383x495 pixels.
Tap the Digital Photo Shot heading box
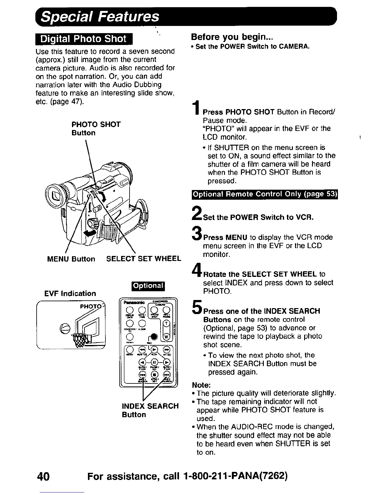click(x=84, y=39)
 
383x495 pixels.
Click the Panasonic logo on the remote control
click(x=134, y=302)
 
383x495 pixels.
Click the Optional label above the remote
click(x=148, y=286)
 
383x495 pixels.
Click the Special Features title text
click(x=100, y=17)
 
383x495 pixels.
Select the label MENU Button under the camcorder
click(x=71, y=259)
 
